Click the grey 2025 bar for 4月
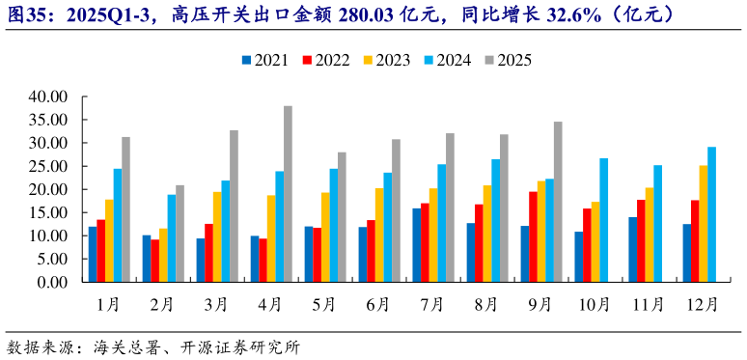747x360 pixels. [288, 194]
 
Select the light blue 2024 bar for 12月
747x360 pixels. [712, 214]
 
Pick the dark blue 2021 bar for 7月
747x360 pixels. [416, 245]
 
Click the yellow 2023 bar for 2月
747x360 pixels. [163, 255]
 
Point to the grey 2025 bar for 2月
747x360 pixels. [180, 234]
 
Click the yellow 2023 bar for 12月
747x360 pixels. [704, 224]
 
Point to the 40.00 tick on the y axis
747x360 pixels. [47, 97]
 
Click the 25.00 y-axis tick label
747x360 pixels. [47, 166]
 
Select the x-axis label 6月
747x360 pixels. [378, 304]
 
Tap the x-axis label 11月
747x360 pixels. [649, 304]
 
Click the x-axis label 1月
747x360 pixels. [108, 304]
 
